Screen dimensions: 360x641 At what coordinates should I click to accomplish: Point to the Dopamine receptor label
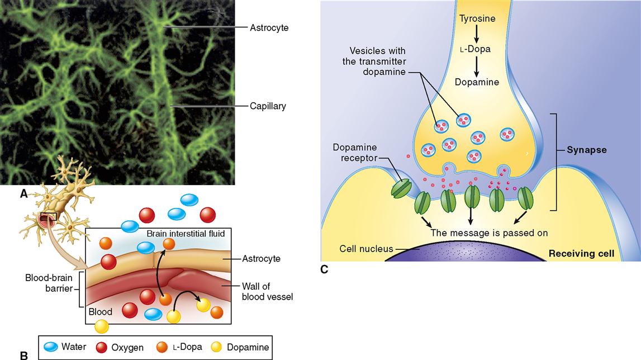click(355, 153)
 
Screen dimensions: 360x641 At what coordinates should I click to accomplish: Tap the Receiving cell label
click(581, 254)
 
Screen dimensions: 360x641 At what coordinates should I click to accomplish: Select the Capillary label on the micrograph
click(268, 106)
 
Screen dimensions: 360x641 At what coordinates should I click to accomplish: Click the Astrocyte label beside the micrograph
click(269, 27)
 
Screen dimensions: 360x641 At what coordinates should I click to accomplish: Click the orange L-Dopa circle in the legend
click(162, 347)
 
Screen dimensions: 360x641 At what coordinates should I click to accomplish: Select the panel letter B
click(23, 354)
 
